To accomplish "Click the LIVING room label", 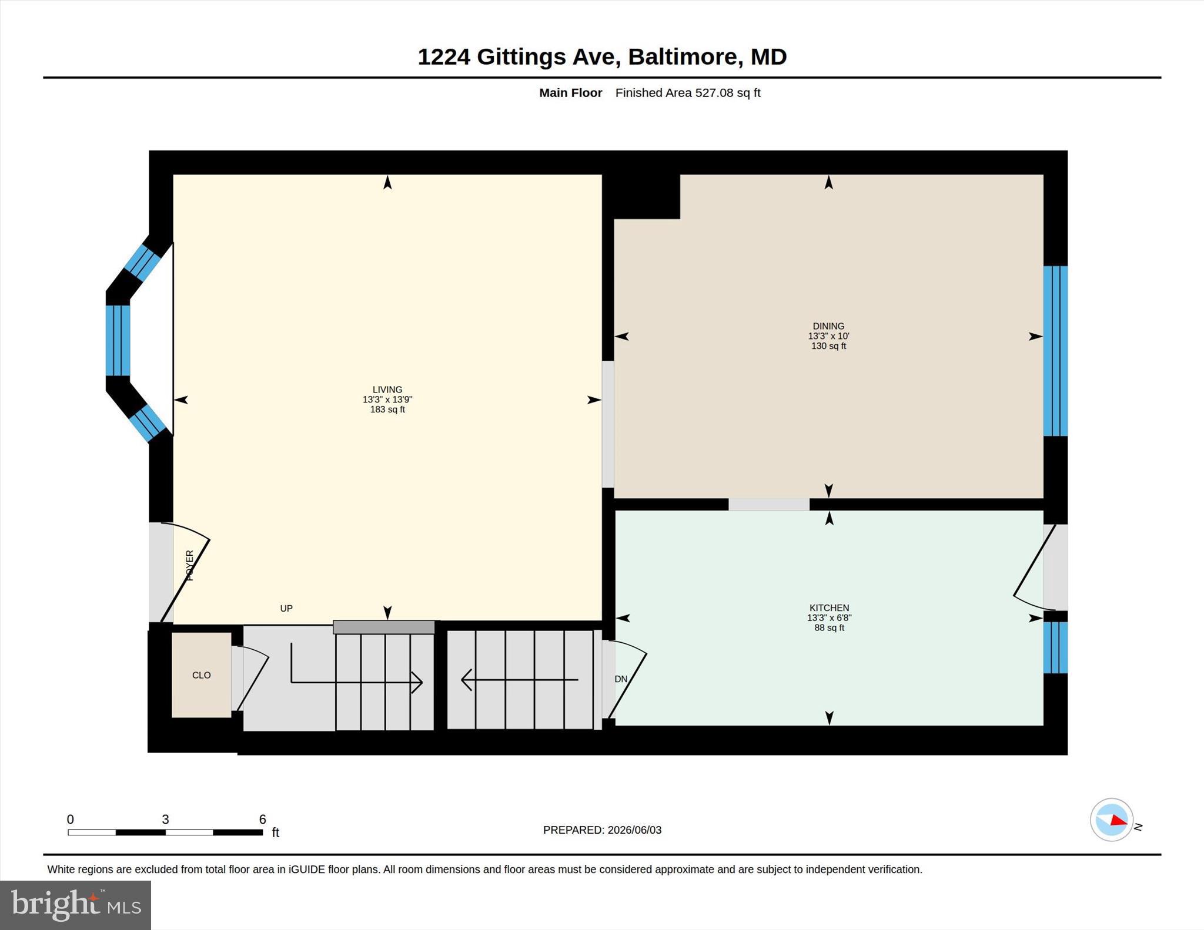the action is [387, 390].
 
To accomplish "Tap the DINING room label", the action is [828, 326].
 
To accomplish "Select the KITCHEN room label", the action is [829, 608].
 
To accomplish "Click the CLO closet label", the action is [201, 675].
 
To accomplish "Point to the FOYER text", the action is [189, 566].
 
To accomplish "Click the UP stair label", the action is [286, 608].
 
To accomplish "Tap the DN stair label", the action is [621, 679].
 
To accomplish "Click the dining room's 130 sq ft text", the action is [828, 346].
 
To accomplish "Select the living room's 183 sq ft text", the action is [387, 409].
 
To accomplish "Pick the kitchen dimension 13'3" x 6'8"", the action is [829, 618].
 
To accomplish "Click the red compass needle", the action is [1119, 821].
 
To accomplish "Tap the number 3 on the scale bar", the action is [165, 820].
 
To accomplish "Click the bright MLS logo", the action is [76, 905].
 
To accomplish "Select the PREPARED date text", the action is [602, 830].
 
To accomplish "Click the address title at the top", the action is [602, 57].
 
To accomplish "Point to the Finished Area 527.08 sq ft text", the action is [688, 93].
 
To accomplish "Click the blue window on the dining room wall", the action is [1055, 351].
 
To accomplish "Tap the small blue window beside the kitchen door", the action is [1055, 647].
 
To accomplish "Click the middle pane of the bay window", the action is [118, 340].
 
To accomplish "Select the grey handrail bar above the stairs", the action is [384, 627].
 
